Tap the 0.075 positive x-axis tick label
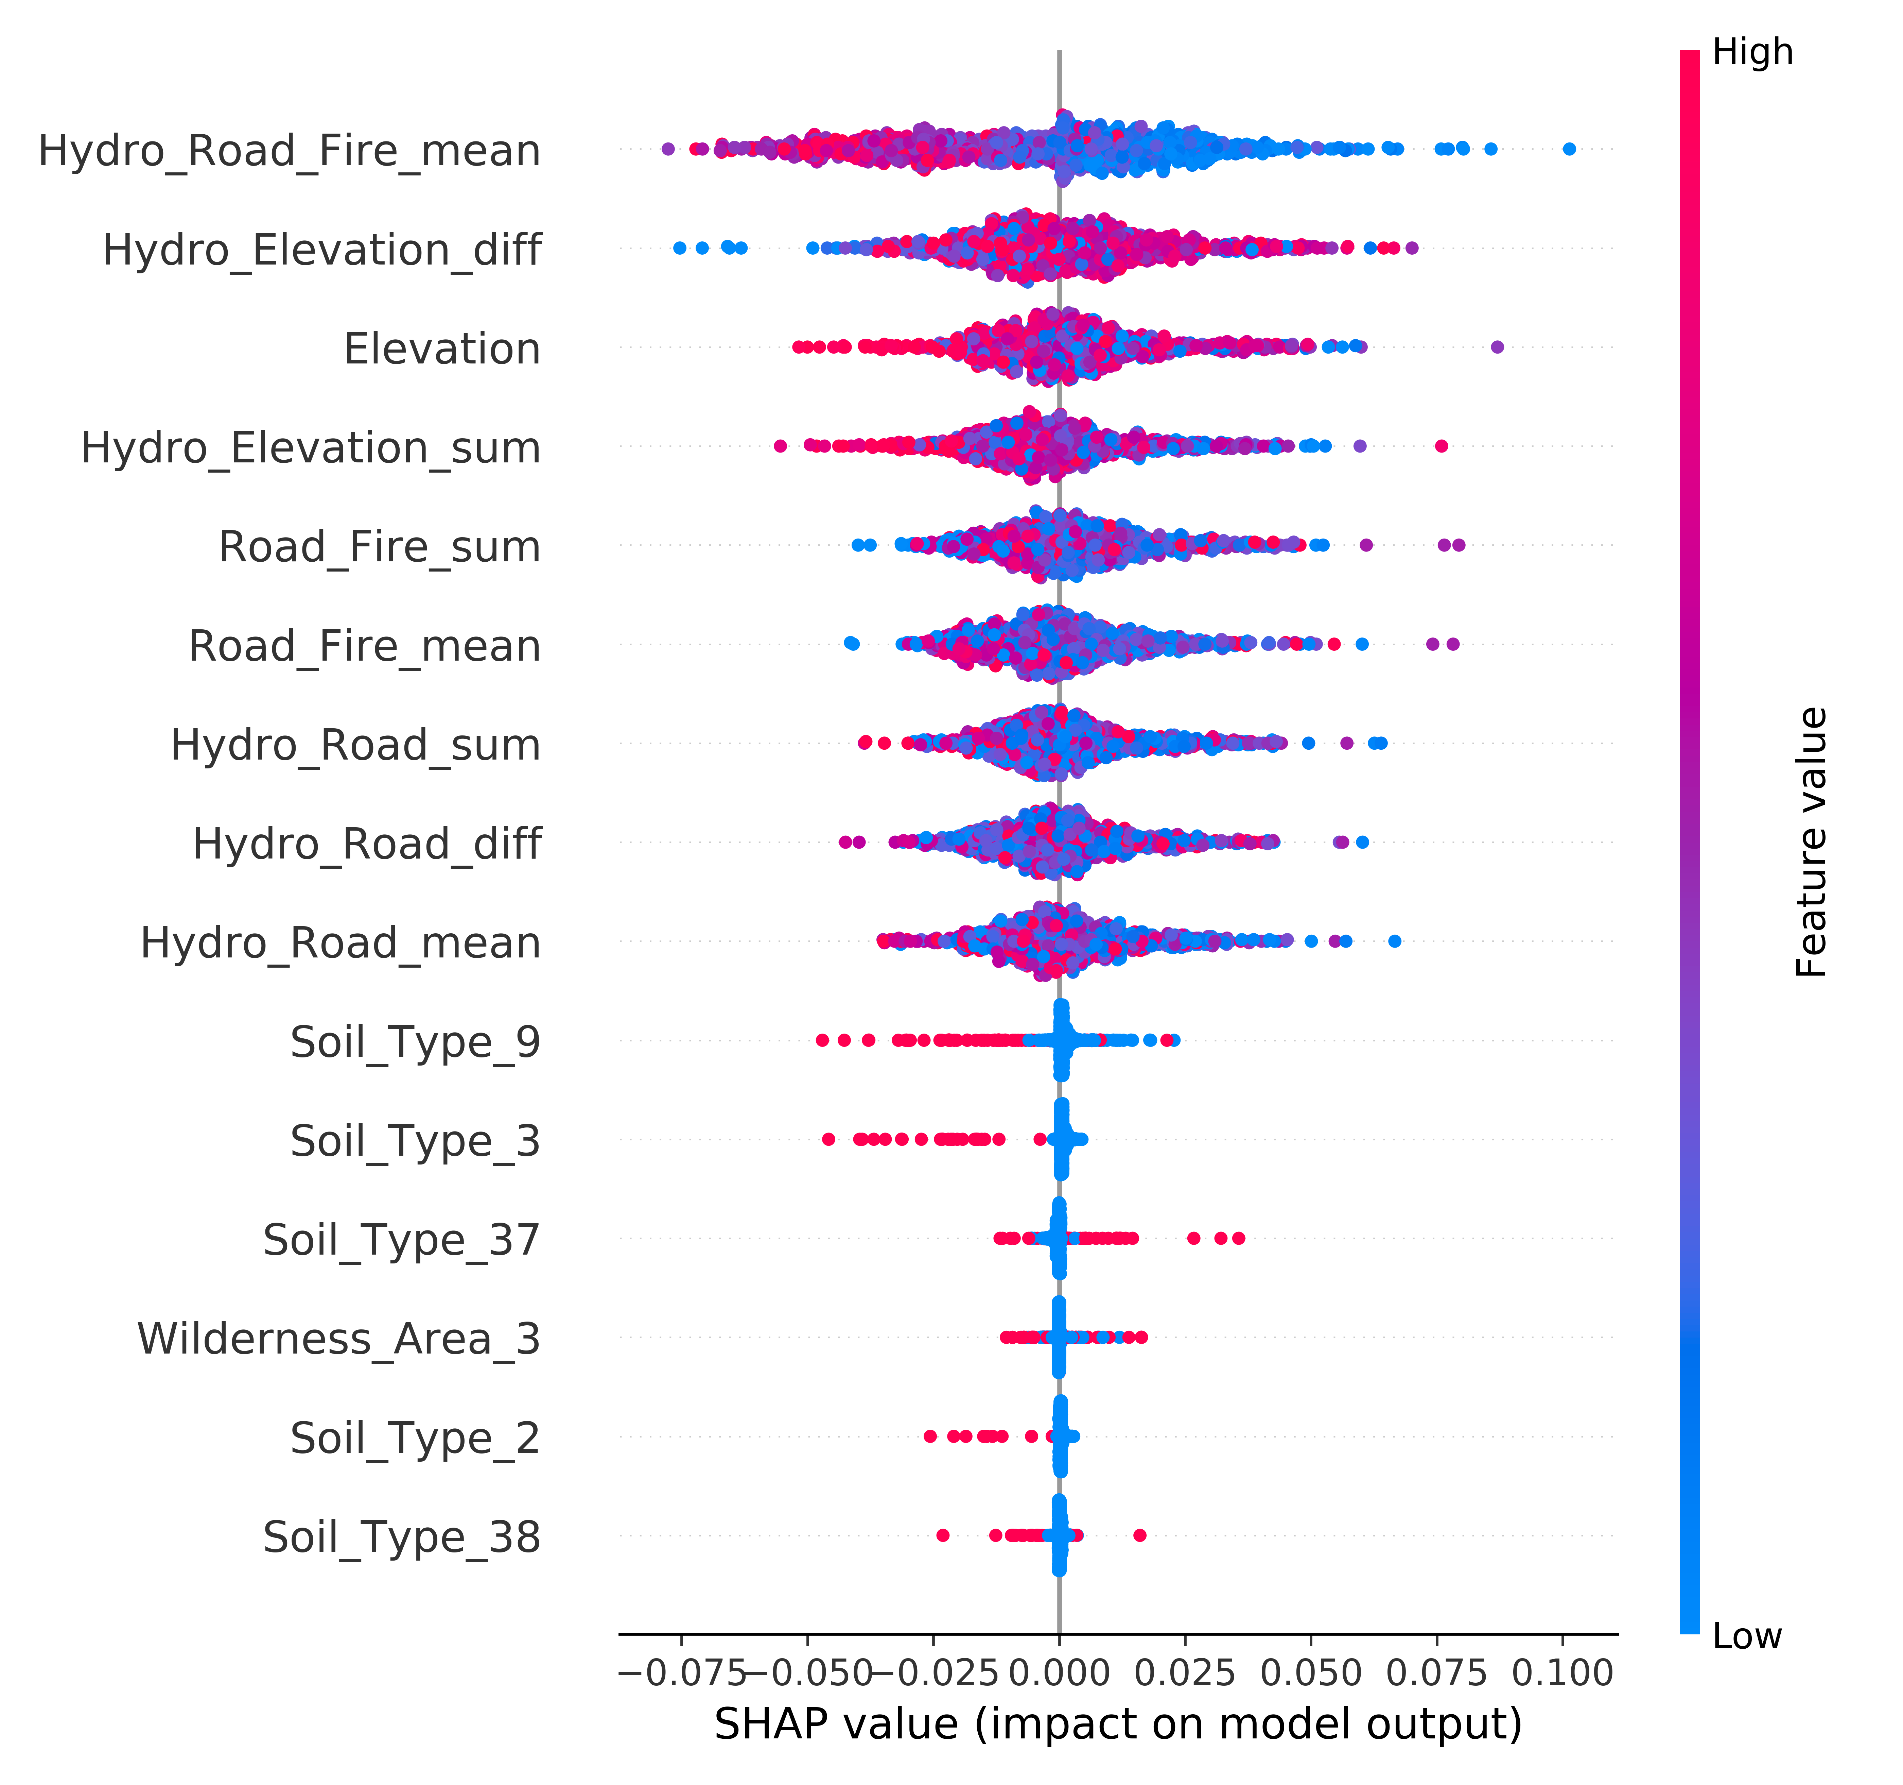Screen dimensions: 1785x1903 pyautogui.click(x=1437, y=1673)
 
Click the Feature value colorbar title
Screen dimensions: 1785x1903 pyautogui.click(x=1812, y=843)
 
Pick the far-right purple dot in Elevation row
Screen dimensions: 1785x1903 pyautogui.click(x=1497, y=347)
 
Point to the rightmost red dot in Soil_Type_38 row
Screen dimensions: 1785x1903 pyautogui.click(x=1139, y=1535)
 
